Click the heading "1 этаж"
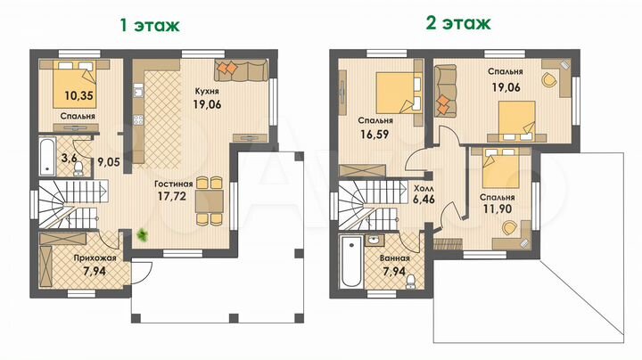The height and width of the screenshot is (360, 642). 150,24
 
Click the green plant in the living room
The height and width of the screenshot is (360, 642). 143,235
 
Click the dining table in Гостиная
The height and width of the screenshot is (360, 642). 207,199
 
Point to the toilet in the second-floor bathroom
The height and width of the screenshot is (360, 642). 408,281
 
